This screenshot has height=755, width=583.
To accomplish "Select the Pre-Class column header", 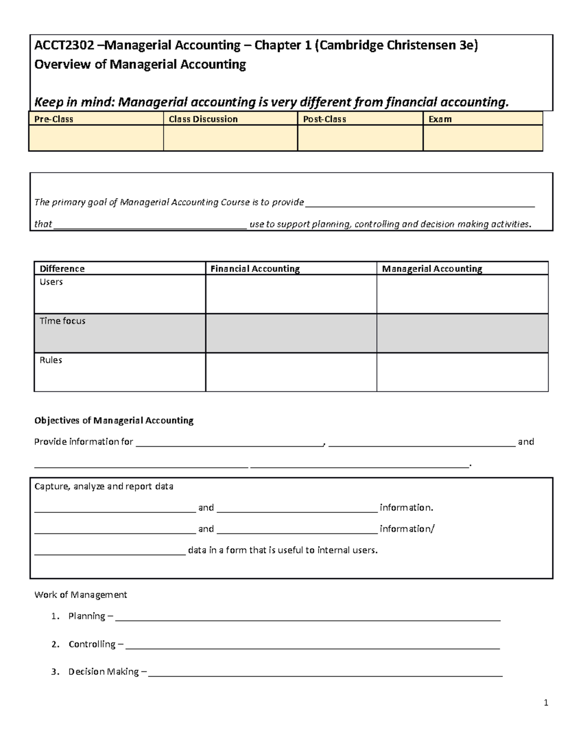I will tap(53, 119).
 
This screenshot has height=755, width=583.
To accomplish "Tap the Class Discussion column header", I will tap(203, 119).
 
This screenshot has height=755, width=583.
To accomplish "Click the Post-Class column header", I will tap(325, 119).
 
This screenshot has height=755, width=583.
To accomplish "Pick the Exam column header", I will tap(440, 119).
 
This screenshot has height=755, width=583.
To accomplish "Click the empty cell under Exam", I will tap(482, 138).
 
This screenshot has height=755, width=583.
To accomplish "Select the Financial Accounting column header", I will tap(255, 269).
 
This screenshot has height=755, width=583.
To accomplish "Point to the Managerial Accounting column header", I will tap(432, 269).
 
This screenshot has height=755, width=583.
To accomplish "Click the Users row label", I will tap(51, 282).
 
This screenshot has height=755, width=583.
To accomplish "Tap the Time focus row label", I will tap(62, 321).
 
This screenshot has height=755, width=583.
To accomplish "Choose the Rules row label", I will tap(51, 360).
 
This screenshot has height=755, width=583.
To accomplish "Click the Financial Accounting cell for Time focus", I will tap(291, 333).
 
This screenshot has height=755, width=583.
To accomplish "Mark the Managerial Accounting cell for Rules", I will tap(462, 372).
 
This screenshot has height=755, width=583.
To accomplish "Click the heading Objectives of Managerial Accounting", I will tap(114, 421).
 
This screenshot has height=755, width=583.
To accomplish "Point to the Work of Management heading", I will tap(81, 595).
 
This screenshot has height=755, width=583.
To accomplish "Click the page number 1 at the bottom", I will tap(546, 702).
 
